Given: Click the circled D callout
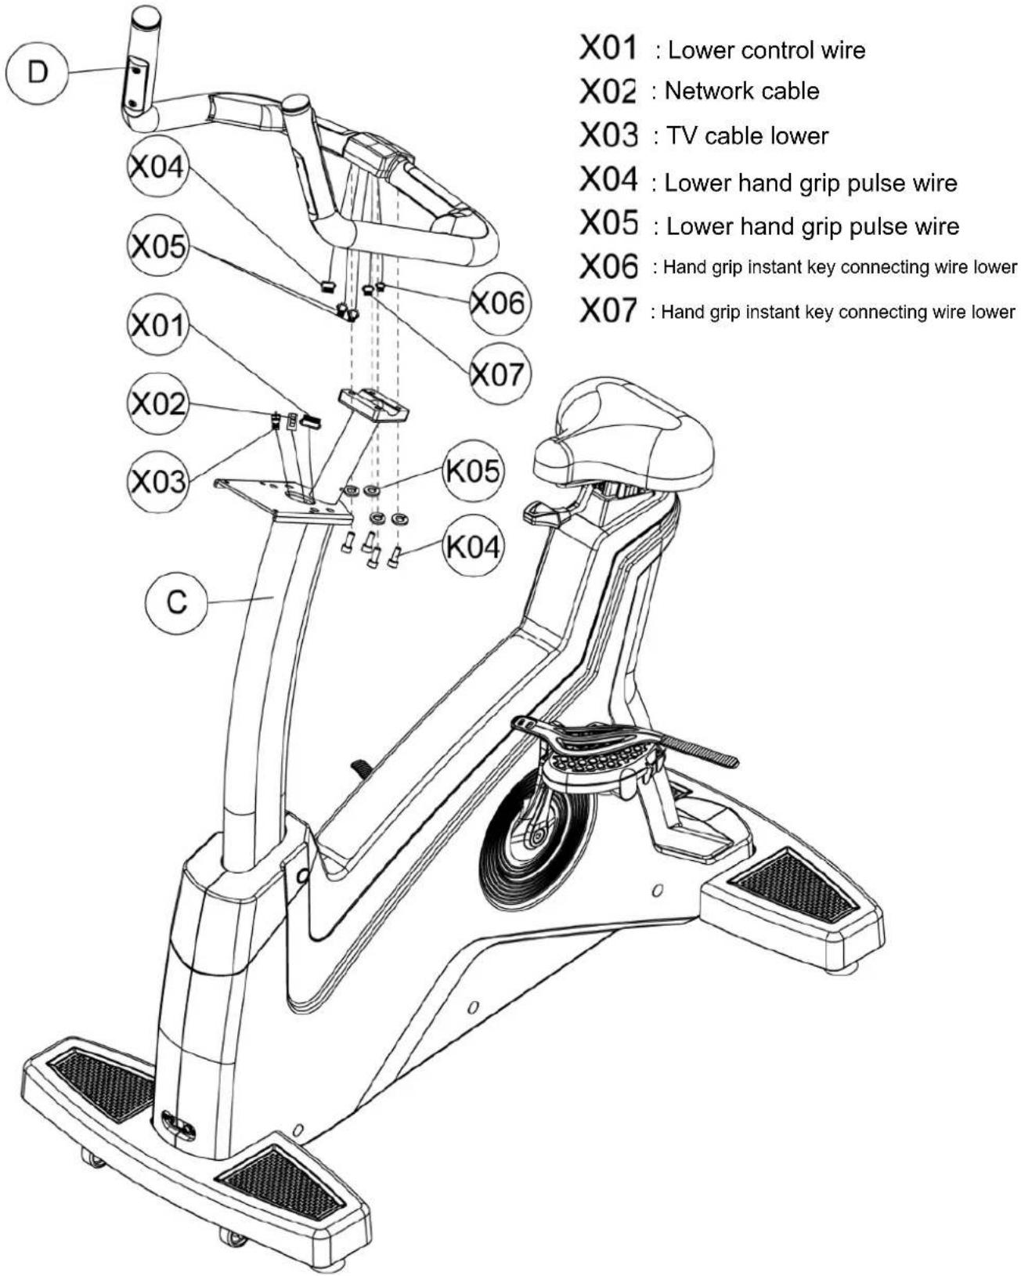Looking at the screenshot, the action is coord(37,74).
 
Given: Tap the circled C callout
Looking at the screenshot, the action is coord(176,602).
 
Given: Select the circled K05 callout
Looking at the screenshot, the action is coord(473,472).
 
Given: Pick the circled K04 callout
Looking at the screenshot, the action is coord(473,546).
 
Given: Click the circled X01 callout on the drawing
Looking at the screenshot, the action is coord(157,326).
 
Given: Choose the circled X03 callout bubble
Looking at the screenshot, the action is coord(157,482).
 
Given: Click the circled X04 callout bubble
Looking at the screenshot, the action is coord(157,167).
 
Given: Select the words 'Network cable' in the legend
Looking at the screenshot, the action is coord(741,92).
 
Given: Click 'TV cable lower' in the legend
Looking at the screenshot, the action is coord(747,136).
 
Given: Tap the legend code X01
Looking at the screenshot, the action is coord(608,48).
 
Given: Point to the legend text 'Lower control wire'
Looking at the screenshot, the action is coord(766,50).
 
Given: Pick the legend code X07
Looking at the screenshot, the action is coord(608,310).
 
